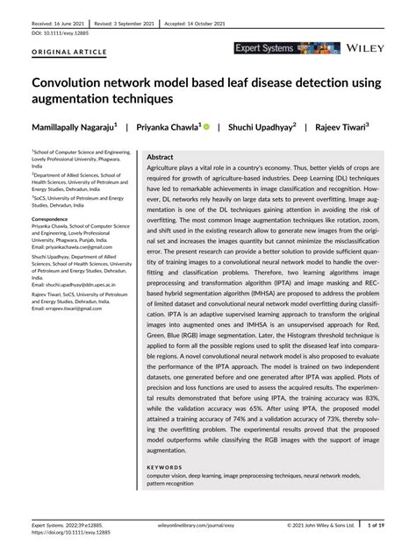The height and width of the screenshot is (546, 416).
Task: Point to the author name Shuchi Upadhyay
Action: click(261, 126)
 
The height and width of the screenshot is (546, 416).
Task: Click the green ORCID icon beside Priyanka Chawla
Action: click(205, 126)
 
